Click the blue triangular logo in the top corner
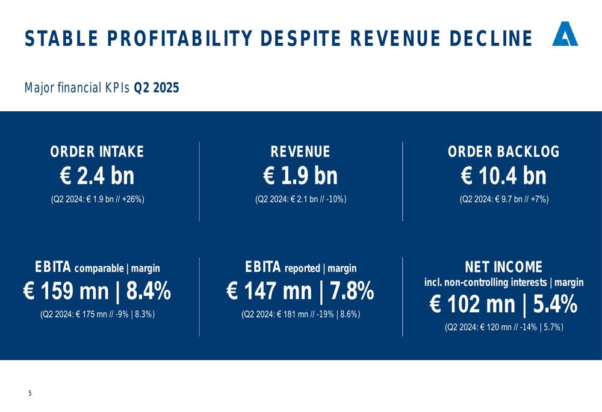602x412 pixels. click(x=565, y=35)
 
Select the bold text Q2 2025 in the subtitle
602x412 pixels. click(x=157, y=88)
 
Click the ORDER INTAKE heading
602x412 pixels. click(x=97, y=152)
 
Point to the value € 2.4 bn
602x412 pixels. click(x=97, y=176)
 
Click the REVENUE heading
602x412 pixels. click(x=300, y=152)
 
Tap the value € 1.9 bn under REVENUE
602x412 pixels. click(x=300, y=176)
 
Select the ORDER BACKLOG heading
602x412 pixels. click(x=504, y=152)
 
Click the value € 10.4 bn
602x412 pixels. click(x=504, y=176)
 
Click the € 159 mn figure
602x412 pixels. click(x=66, y=292)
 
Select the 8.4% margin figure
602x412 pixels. click(x=148, y=292)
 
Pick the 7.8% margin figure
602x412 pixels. click(x=351, y=292)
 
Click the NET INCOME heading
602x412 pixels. click(x=504, y=267)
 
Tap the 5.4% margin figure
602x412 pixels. click(x=554, y=305)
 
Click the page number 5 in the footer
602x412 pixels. click(x=29, y=393)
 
